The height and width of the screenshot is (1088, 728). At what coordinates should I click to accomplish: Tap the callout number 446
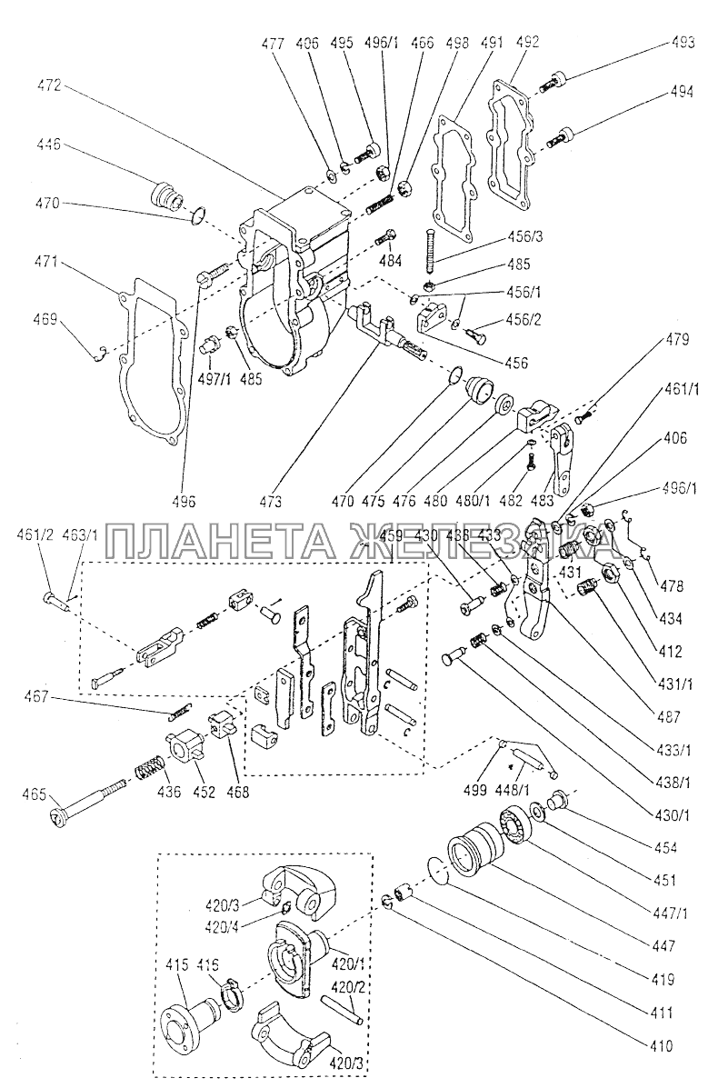[x=50, y=144]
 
